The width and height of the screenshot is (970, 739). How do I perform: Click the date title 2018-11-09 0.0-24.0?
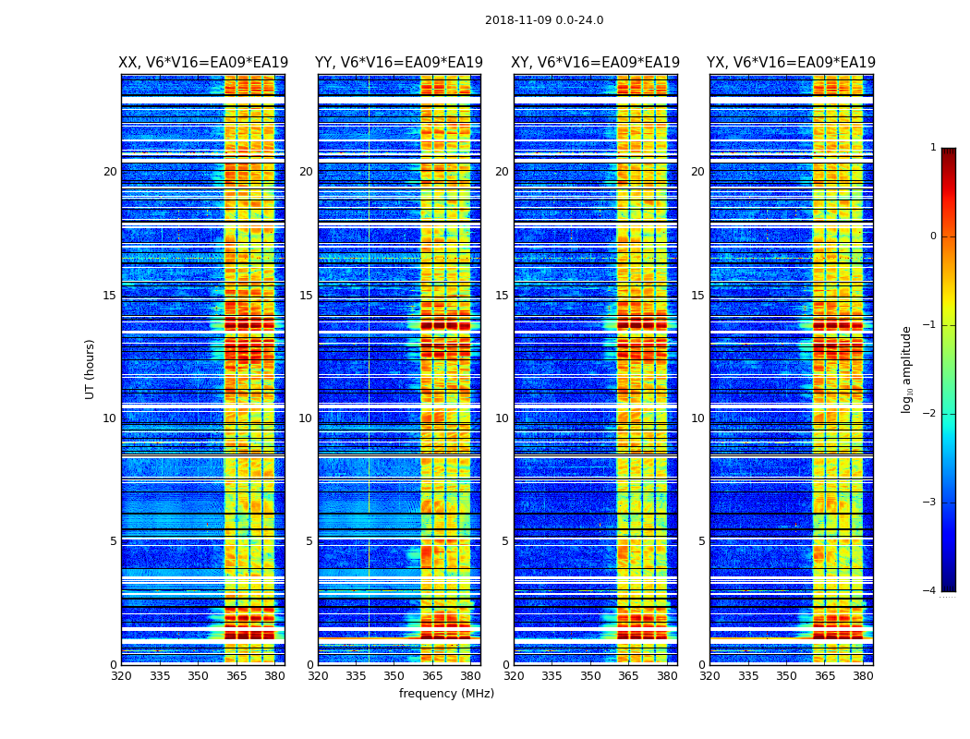tap(544, 20)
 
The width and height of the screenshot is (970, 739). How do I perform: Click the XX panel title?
tap(203, 63)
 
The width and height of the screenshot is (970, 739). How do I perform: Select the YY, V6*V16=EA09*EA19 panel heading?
tap(399, 63)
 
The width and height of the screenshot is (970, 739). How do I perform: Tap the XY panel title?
tap(595, 63)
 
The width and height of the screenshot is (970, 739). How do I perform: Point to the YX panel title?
tap(791, 63)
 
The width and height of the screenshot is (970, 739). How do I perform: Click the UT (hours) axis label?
tap(91, 369)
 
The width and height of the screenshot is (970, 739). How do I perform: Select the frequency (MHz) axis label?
tap(446, 694)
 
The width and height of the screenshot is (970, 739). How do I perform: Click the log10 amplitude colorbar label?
tap(907, 369)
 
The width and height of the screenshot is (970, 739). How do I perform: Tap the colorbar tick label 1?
tap(933, 148)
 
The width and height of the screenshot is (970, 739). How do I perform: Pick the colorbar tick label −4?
tap(930, 591)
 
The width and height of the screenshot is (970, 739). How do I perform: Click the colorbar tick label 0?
tap(933, 236)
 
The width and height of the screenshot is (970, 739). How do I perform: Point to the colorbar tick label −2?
tap(930, 414)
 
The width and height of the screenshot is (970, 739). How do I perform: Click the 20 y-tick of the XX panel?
tap(110, 172)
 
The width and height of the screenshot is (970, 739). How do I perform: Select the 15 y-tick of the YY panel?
tap(306, 296)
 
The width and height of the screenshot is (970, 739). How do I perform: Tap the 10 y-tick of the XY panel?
tap(502, 418)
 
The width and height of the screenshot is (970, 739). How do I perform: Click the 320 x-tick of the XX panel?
tap(121, 676)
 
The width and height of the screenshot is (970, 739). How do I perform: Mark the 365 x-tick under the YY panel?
tap(432, 676)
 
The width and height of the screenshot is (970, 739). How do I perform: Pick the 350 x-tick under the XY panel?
tap(590, 676)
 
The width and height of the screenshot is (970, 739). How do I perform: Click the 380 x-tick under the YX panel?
tap(863, 676)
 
